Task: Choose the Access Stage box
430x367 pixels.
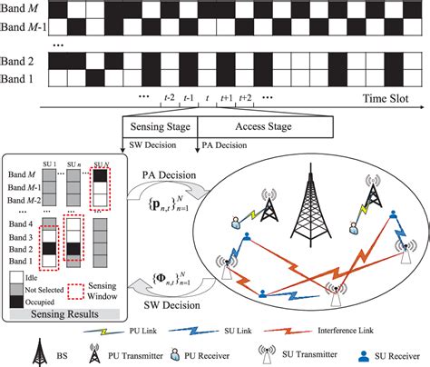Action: (239, 126)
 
